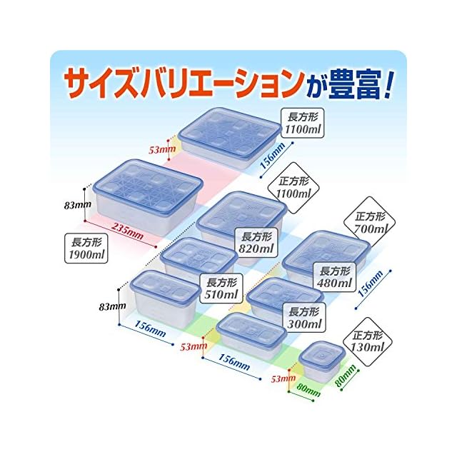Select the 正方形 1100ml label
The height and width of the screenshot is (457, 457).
click(x=293, y=186)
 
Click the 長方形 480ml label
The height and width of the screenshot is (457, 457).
click(x=333, y=278)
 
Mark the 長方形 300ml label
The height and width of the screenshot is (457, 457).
click(x=302, y=317)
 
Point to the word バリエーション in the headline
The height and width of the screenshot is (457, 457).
click(x=226, y=84)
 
